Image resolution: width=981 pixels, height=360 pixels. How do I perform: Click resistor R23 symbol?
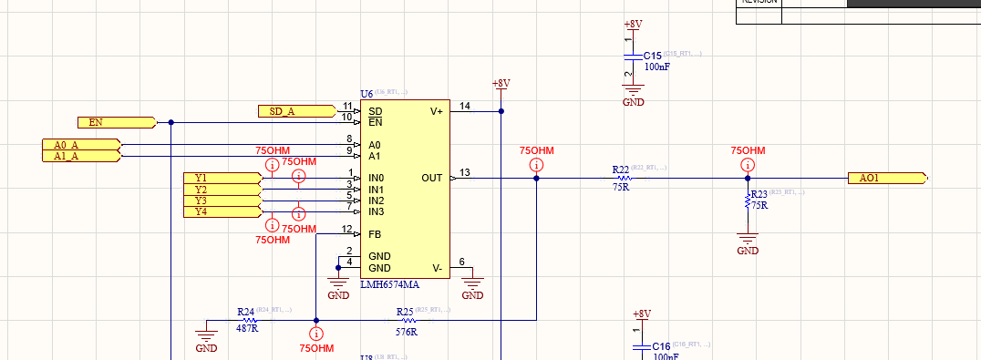(x=748, y=201)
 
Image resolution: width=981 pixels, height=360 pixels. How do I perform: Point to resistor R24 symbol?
(x=245, y=320)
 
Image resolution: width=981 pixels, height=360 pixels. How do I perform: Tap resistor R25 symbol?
(x=408, y=320)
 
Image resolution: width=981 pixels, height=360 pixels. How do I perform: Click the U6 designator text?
(x=367, y=93)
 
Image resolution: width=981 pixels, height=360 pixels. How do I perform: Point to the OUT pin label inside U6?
(x=431, y=178)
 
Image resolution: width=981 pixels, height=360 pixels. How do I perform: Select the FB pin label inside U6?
(x=374, y=234)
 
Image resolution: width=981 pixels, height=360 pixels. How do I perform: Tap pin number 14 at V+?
(x=465, y=106)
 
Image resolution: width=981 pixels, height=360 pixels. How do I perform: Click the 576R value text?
(x=407, y=332)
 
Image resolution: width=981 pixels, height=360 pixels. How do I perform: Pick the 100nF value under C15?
(x=657, y=67)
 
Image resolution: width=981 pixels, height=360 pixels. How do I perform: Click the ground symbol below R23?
(x=748, y=242)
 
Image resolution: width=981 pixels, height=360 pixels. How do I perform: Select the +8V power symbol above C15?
(x=633, y=26)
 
